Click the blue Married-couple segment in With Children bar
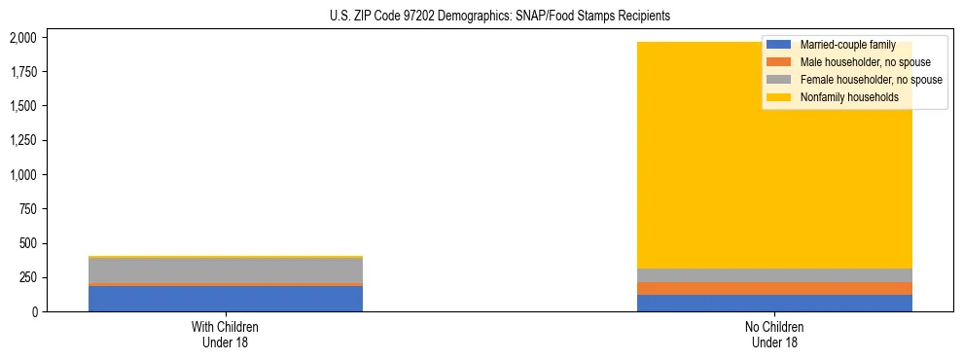pyautogui.click(x=225, y=298)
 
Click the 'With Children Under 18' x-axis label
pyautogui.click(x=225, y=335)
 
